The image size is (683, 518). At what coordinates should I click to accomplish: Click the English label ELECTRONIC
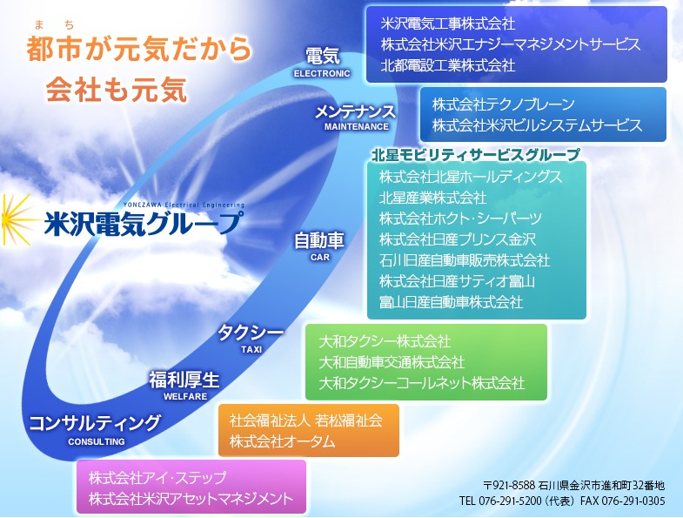[x=322, y=74]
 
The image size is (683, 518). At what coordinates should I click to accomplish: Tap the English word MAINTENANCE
[x=357, y=127]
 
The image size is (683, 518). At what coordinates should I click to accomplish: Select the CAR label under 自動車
[x=320, y=257]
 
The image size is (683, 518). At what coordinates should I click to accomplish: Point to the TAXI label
[x=251, y=350]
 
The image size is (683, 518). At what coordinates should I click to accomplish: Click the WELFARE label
[x=185, y=397]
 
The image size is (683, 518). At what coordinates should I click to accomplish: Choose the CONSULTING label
[x=97, y=441]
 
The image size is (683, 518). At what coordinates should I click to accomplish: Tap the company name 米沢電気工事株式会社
[x=448, y=24]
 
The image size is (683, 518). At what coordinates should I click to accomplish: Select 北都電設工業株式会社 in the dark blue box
[x=448, y=65]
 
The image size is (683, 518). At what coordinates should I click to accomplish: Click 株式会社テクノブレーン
[x=504, y=104]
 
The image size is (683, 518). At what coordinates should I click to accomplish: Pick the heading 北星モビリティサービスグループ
[x=476, y=155]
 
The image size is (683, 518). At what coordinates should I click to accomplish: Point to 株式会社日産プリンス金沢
[x=458, y=239]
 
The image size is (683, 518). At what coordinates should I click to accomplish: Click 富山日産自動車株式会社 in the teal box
[x=451, y=302]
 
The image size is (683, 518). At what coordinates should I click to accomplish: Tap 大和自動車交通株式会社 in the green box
[x=392, y=362]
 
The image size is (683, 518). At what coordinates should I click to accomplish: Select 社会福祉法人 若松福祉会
[x=305, y=420]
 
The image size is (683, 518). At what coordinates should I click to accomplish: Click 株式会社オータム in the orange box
[x=282, y=441]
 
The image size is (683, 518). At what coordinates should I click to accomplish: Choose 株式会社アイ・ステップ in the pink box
[x=157, y=477]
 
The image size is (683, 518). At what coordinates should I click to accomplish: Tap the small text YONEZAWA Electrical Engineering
[x=184, y=205]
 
